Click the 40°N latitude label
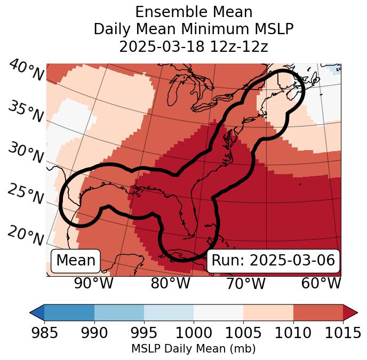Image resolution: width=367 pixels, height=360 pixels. pos(25,71)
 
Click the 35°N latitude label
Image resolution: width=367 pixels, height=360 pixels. pos(25,112)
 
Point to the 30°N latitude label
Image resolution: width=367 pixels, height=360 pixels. pos(25,153)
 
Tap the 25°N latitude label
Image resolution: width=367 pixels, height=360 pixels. pos(25,194)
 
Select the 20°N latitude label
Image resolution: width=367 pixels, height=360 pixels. pos(25,235)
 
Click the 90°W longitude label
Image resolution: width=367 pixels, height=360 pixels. pos(94,284)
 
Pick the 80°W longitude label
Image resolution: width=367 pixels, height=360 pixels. pos(170,284)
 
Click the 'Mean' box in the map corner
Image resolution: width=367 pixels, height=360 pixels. pos(76,261)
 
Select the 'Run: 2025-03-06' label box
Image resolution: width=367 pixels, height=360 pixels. pos(273,261)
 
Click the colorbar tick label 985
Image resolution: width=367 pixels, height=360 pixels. pos(44,333)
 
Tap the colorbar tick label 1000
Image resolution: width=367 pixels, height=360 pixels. pos(194,333)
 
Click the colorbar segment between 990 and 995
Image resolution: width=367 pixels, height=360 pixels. pos(119,312)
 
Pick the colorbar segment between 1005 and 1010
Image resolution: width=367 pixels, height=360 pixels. pos(268,312)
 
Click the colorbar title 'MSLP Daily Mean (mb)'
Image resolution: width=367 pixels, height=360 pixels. pos(194,349)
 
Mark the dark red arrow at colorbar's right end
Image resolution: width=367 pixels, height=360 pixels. pos(350,312)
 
